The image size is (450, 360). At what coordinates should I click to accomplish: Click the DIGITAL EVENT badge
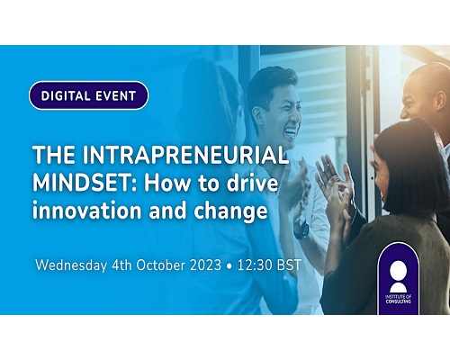click(88, 95)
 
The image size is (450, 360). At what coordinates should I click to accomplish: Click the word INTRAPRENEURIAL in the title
click(184, 155)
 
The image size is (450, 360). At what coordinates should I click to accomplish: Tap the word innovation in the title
click(86, 210)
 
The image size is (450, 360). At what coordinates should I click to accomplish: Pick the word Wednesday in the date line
click(71, 265)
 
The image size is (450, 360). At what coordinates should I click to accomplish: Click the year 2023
click(206, 265)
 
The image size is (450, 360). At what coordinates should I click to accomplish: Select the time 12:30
click(255, 265)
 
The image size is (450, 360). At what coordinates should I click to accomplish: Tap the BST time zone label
click(289, 265)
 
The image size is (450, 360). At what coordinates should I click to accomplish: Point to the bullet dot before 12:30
click(229, 266)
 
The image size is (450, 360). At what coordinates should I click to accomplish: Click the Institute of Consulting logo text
click(398, 299)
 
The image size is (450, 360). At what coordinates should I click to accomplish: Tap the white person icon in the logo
click(398, 276)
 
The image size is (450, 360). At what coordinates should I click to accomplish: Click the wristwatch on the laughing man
click(301, 229)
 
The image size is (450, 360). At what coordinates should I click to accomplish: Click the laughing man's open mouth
click(291, 132)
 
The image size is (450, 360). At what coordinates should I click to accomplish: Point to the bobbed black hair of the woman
click(411, 168)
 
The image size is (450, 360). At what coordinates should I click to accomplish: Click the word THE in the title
click(54, 155)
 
